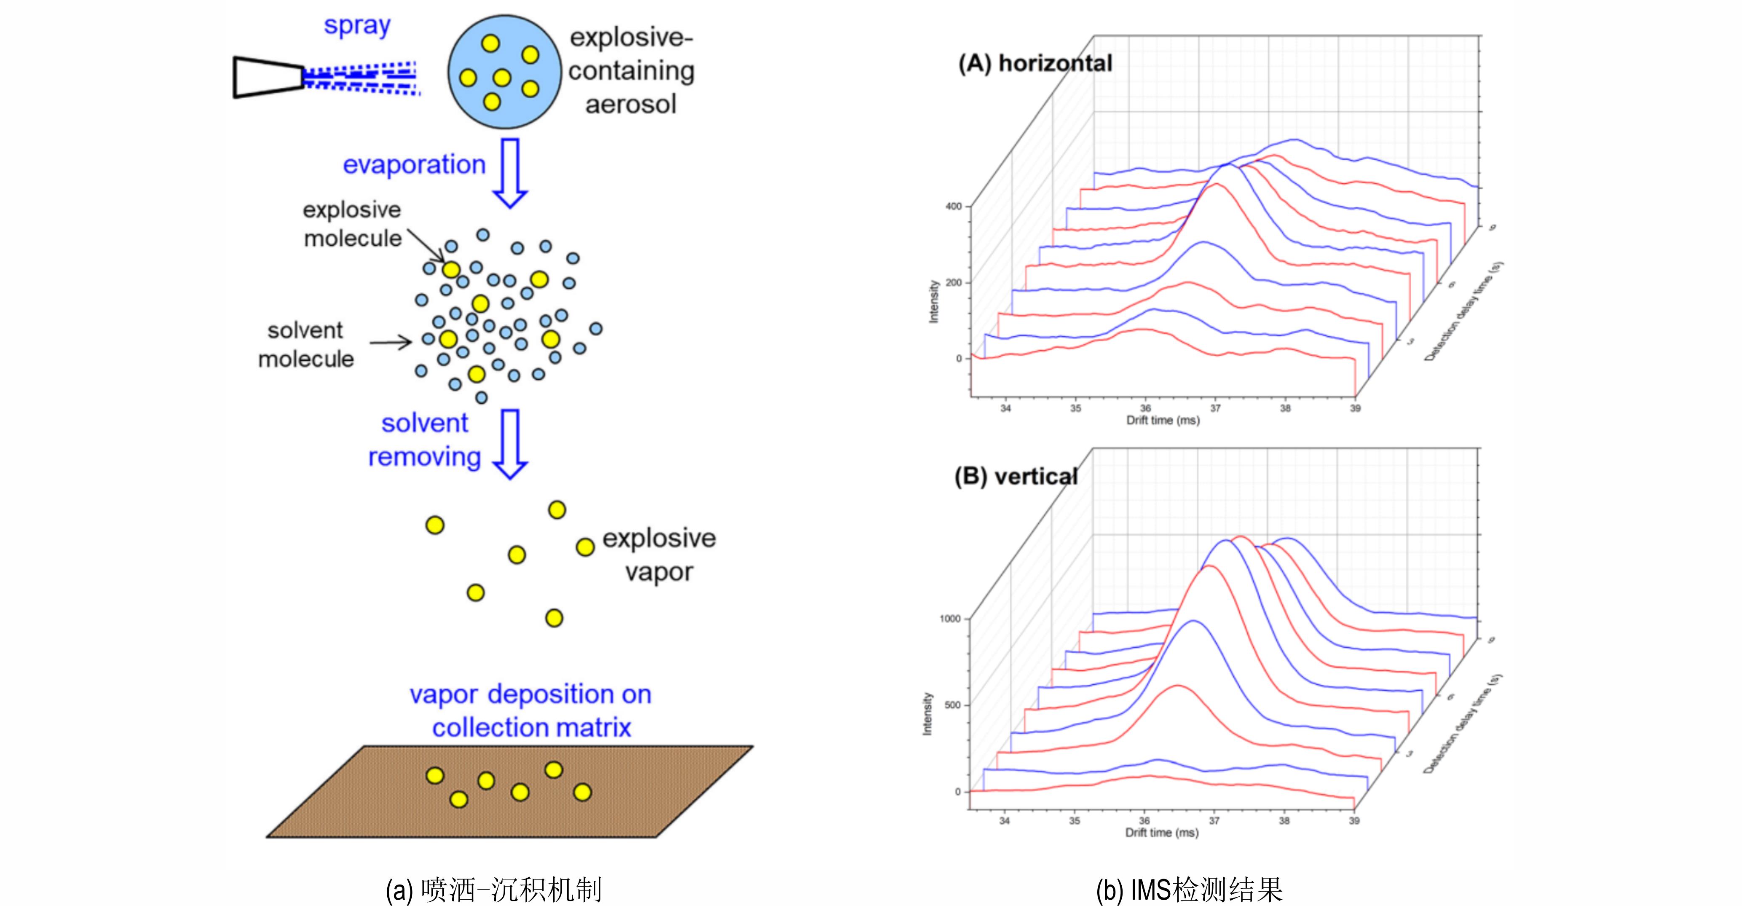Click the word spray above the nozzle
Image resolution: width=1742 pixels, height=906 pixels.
tap(357, 26)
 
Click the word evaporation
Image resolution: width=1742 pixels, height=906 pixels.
tap(414, 164)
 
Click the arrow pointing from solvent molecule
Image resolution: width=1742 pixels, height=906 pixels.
tap(391, 343)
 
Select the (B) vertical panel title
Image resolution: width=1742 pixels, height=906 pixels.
tap(1016, 476)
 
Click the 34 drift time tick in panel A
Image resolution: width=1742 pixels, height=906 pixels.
tap(1005, 408)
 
